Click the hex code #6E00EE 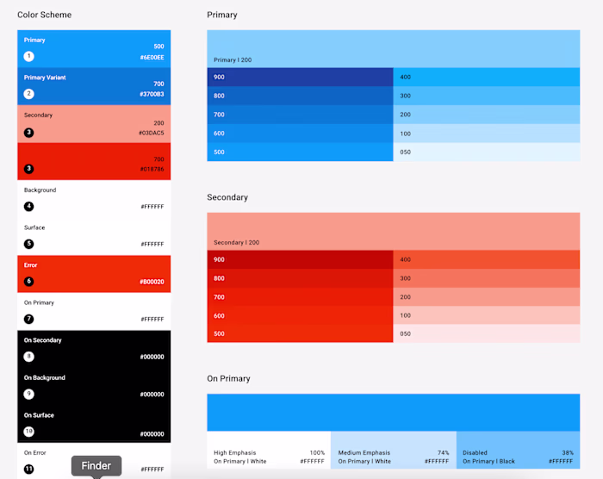click(x=152, y=58)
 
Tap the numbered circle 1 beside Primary click(x=28, y=56)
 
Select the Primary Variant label click(x=45, y=78)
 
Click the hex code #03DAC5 click(x=152, y=133)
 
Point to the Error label click(x=30, y=265)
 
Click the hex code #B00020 click(x=152, y=282)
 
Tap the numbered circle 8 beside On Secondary click(x=28, y=357)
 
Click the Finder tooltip click(x=96, y=465)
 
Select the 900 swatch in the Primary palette click(x=300, y=77)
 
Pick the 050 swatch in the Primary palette click(x=487, y=152)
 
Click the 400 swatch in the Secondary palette click(x=487, y=259)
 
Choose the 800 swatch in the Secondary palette click(x=300, y=278)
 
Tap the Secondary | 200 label click(x=237, y=242)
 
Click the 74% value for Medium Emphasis click(x=443, y=453)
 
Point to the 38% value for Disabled click(x=568, y=453)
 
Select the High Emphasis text click(x=234, y=453)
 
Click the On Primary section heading click(x=228, y=378)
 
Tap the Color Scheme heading click(x=44, y=15)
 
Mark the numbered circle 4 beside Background click(x=28, y=206)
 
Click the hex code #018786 click(x=152, y=169)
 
